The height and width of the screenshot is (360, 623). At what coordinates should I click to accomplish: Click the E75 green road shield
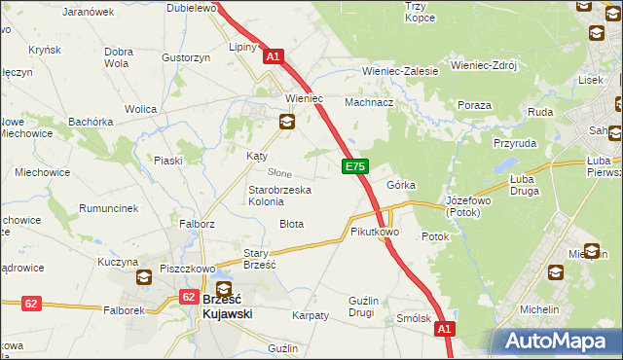pos(355,167)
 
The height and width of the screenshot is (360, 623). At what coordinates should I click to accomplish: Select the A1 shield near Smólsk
pos(445,331)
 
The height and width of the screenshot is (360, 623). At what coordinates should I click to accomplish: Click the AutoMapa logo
pos(559,342)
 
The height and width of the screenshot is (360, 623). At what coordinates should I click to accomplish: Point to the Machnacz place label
pos(370,102)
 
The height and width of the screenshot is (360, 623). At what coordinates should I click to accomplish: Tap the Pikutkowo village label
pos(375,233)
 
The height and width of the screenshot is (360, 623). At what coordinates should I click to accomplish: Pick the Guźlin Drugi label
pos(374,306)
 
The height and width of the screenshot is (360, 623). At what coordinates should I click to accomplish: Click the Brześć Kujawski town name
pos(228,307)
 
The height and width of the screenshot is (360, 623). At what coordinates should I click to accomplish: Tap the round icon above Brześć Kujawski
pos(224,289)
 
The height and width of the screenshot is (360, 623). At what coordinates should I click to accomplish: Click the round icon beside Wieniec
pos(287,122)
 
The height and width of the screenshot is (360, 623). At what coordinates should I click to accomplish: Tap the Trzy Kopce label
pos(420,12)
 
